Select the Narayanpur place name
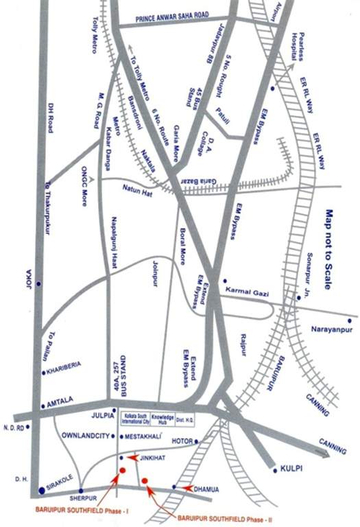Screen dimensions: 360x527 tap(332, 329)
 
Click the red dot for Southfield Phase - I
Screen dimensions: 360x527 tap(122, 470)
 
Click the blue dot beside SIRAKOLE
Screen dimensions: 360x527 tap(41, 483)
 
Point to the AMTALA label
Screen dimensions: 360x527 tap(62, 406)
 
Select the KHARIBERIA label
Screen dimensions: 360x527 tap(67, 372)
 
